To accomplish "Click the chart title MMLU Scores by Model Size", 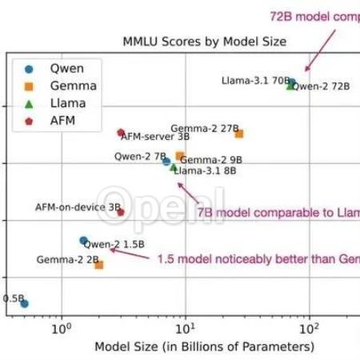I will coord(204,41).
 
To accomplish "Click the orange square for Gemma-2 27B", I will coord(238,134).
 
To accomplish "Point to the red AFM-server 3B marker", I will coord(121,133).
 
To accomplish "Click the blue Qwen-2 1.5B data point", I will coord(83,240).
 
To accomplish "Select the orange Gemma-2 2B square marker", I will coord(99,265).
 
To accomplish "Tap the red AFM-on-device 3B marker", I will coord(121,212).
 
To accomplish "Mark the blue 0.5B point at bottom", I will coord(24,303).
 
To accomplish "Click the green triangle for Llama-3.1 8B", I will coord(174,167).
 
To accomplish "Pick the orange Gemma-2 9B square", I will coord(180,156).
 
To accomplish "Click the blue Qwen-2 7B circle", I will coord(166,162).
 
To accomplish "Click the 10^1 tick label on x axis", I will coord(184,328).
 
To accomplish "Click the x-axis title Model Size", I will coord(204,347).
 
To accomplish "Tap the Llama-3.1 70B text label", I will coord(254,80).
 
